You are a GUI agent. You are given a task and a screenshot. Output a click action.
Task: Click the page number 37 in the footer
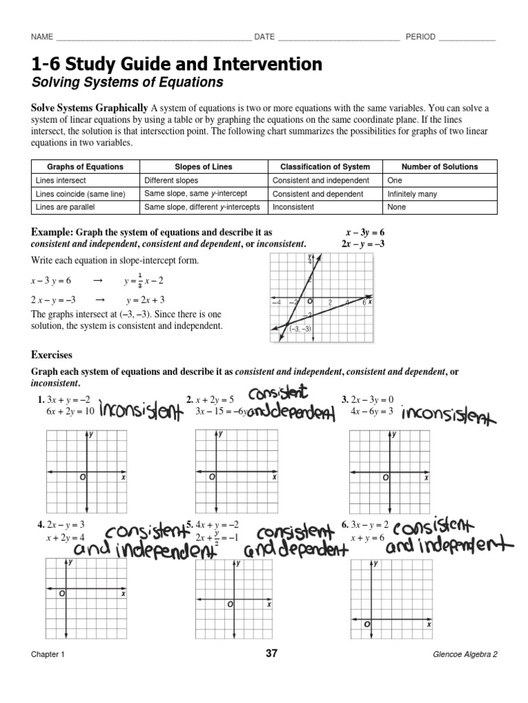tap(271, 654)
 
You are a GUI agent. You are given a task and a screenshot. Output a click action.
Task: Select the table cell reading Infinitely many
tap(412, 194)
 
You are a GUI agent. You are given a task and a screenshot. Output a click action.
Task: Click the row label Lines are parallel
tap(65, 207)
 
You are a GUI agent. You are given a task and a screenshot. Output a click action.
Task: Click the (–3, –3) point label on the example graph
tap(301, 329)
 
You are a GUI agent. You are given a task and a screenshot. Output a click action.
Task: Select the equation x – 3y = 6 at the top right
tap(364, 233)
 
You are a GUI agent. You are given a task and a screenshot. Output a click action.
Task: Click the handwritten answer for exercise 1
tap(141, 413)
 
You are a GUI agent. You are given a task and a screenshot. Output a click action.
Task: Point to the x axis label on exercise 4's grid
tap(123, 594)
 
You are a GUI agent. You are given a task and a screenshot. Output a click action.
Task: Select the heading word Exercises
tap(52, 355)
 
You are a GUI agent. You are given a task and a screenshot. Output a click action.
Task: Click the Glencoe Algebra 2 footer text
tap(461, 654)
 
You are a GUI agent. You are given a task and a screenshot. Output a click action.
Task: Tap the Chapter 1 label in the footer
tap(47, 654)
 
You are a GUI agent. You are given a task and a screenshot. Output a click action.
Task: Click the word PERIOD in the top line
tap(420, 37)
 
